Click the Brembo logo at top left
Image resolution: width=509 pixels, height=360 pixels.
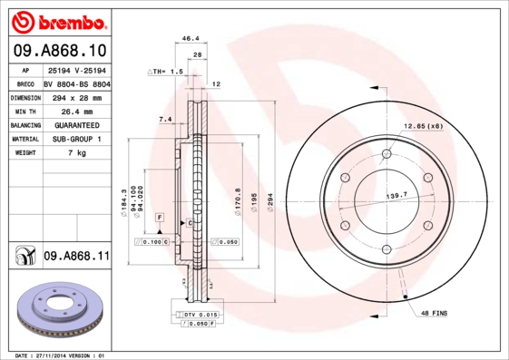[57, 19]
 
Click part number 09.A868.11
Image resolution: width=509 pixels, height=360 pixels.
[76, 257]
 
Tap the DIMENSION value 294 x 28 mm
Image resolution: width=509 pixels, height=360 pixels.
[76, 96]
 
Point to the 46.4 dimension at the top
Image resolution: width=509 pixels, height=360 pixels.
[191, 39]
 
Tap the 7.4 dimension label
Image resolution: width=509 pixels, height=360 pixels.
[165, 119]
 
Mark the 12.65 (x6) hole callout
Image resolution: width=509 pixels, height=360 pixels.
[422, 125]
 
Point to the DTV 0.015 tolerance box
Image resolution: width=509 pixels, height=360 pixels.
[201, 314]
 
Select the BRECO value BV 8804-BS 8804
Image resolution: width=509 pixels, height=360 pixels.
[76, 82]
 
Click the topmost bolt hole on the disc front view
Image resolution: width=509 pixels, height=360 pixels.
[387, 153]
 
